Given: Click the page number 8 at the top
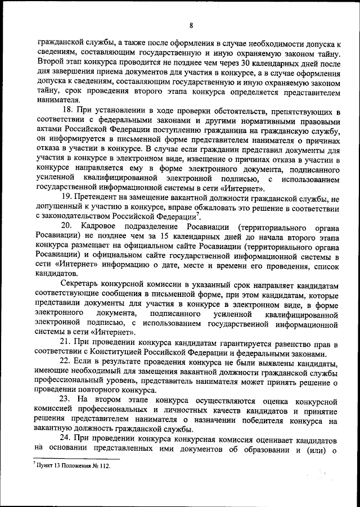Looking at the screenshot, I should pos(191,25).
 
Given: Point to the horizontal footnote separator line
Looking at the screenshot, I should pos(73,459).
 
